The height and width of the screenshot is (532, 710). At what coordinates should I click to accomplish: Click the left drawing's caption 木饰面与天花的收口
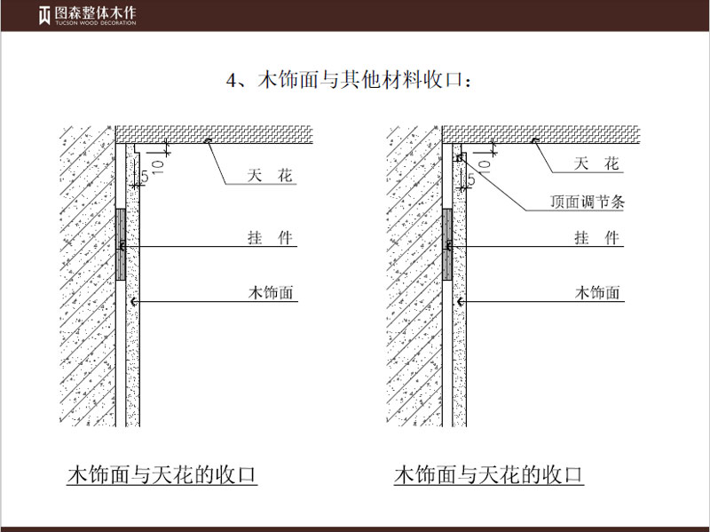tap(162, 474)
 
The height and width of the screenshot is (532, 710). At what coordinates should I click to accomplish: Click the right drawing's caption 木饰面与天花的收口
tap(489, 474)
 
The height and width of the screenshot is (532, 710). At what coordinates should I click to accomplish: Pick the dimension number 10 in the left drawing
tap(156, 164)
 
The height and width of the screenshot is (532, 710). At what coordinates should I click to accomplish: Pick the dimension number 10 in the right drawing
tap(484, 164)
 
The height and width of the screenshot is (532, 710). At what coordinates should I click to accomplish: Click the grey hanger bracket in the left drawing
tap(120, 245)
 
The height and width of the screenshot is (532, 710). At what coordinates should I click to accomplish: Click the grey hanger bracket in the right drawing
tap(447, 245)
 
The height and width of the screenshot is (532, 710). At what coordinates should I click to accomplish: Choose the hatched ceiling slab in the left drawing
tap(213, 132)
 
